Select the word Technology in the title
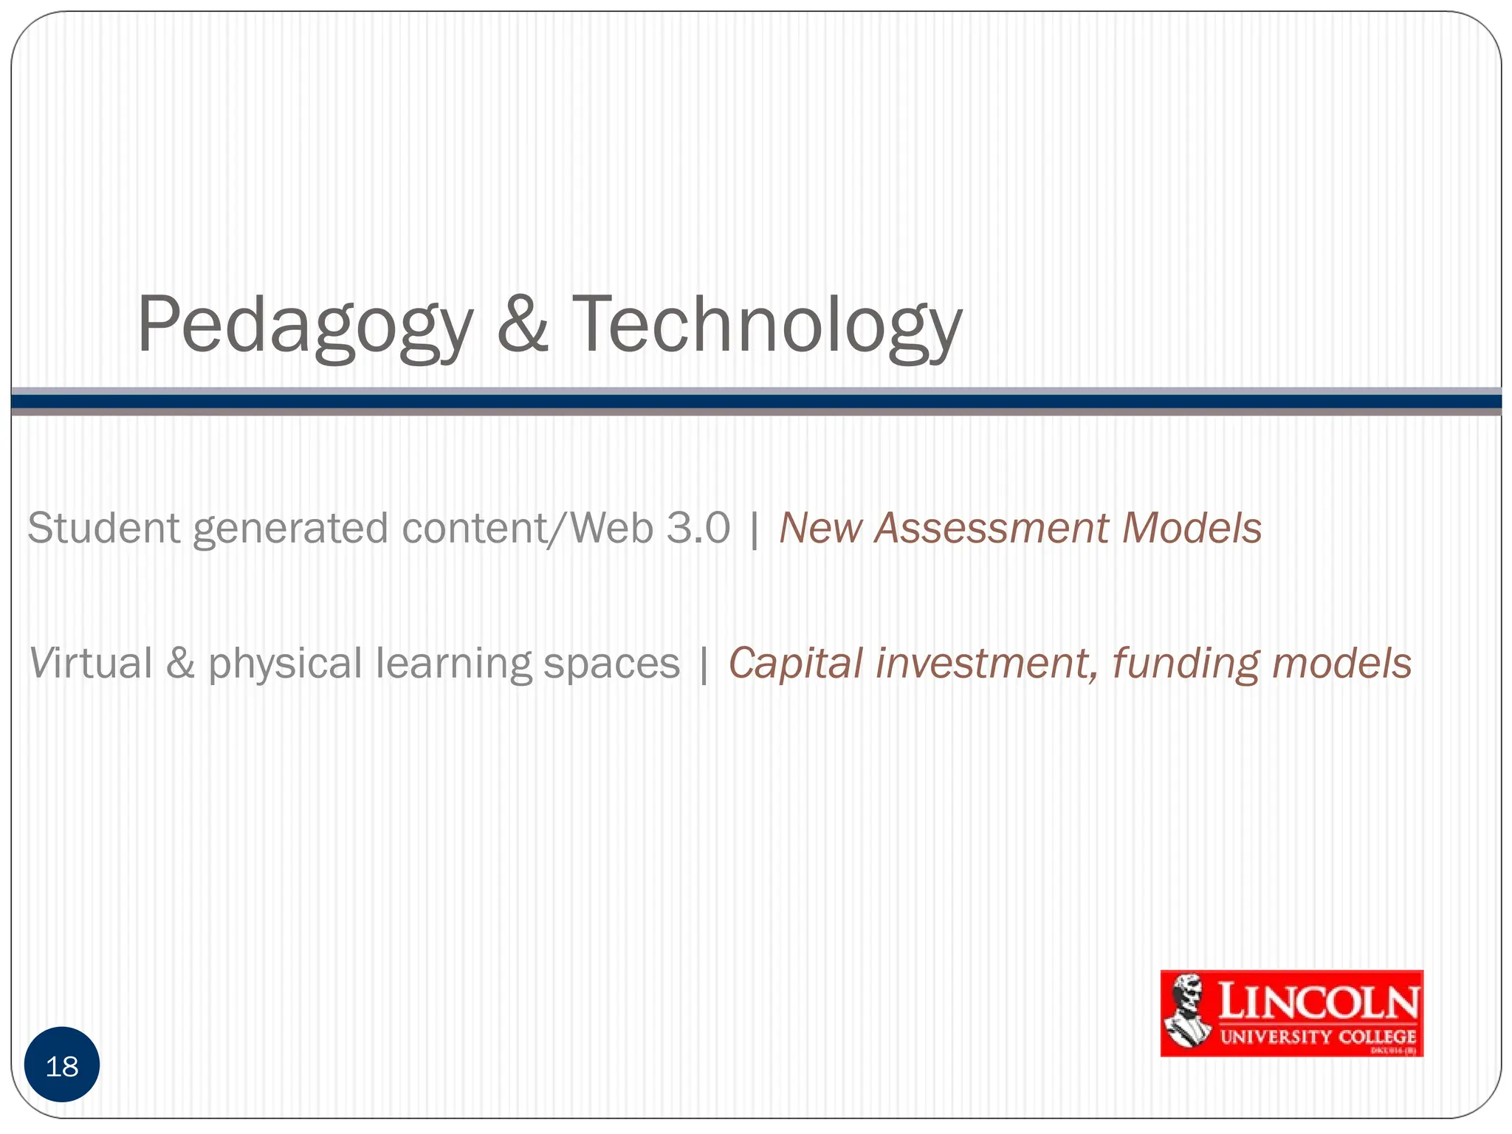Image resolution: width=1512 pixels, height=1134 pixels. (x=766, y=325)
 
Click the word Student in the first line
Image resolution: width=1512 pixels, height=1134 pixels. (x=104, y=528)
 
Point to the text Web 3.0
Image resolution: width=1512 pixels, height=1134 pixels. (x=650, y=528)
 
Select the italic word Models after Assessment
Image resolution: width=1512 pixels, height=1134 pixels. (x=1191, y=528)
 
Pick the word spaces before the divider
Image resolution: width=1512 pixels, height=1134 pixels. (x=611, y=664)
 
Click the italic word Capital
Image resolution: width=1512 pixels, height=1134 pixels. (x=796, y=664)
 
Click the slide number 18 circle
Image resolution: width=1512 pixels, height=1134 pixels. (x=62, y=1065)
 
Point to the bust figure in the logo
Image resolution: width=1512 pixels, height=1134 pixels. (x=1186, y=1011)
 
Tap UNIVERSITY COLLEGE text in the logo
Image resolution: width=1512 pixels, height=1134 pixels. (x=1318, y=1037)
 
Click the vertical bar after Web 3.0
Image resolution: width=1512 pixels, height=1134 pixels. (x=754, y=529)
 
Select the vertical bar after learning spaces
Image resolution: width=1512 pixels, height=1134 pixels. (x=704, y=664)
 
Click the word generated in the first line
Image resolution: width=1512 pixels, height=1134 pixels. (x=290, y=529)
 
